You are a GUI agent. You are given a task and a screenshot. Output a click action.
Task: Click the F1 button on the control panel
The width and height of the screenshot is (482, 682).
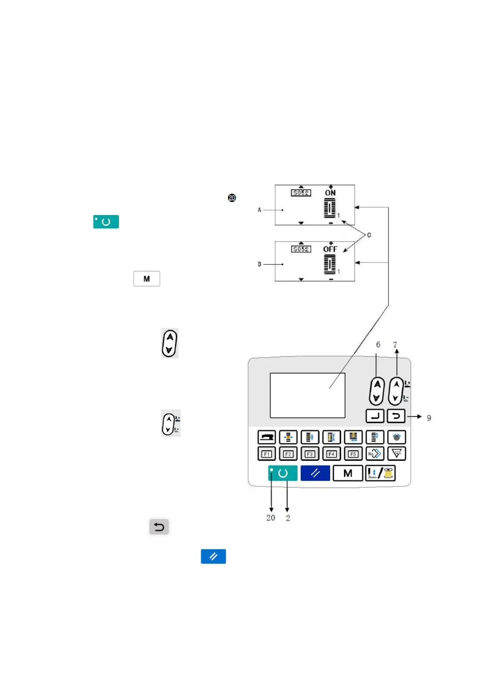(x=266, y=454)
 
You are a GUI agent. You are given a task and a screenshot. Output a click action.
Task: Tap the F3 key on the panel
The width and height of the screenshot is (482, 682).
(x=310, y=454)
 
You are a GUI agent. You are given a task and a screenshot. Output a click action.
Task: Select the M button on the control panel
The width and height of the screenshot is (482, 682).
(x=348, y=473)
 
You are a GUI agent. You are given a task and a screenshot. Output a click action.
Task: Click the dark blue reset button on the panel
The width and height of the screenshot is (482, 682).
(x=315, y=473)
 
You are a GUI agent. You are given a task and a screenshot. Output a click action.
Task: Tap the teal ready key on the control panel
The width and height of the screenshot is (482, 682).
(x=283, y=473)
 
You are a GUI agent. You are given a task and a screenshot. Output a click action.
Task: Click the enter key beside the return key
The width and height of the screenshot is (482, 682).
(x=375, y=416)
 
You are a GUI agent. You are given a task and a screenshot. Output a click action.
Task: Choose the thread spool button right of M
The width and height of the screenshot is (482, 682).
(x=380, y=473)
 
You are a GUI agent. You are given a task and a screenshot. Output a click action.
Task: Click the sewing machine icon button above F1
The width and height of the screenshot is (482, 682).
(x=266, y=437)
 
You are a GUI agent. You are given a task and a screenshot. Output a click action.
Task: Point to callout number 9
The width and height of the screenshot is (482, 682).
(x=429, y=418)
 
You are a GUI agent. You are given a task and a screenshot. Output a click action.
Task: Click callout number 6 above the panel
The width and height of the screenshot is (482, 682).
(x=378, y=345)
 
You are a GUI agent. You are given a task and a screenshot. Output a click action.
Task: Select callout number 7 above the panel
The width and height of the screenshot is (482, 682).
(x=395, y=345)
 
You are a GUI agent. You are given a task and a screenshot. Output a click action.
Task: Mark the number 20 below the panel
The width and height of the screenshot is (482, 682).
(x=271, y=518)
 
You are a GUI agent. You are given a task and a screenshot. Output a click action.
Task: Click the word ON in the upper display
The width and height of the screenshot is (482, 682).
(x=330, y=193)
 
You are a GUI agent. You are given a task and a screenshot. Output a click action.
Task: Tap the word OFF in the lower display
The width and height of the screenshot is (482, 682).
(x=330, y=249)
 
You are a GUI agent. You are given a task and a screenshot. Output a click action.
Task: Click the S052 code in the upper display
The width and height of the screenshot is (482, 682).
(x=301, y=193)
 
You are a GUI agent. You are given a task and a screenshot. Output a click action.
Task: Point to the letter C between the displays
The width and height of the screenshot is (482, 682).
(x=369, y=235)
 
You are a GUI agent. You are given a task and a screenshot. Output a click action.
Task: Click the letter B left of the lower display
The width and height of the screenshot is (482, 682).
(x=259, y=264)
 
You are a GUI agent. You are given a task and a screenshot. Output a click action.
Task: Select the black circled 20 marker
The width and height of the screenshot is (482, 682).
(x=232, y=198)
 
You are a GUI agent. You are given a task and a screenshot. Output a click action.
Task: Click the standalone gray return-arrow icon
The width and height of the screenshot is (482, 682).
(x=159, y=527)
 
